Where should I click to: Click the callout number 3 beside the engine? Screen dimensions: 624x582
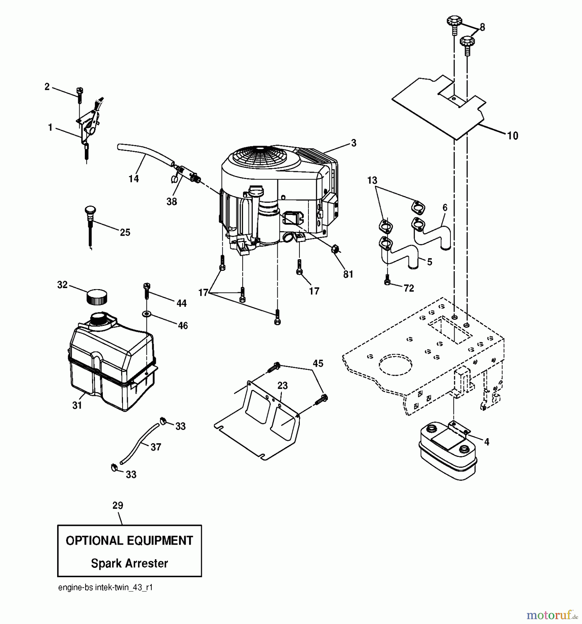[353, 143]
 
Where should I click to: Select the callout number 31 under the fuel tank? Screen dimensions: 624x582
[77, 405]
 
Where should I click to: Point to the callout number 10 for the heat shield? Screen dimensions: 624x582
[512, 136]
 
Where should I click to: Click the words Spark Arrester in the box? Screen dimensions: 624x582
[129, 563]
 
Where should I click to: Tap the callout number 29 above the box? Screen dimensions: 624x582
[118, 505]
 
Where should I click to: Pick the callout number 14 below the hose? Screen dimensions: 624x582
[134, 179]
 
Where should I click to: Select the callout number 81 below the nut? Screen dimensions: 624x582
[348, 274]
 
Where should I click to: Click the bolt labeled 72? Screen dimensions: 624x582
[387, 283]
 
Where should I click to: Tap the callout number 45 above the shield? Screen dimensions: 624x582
[318, 363]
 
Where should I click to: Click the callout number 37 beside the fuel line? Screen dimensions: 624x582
[156, 447]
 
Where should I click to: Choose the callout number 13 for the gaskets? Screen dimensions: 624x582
[372, 180]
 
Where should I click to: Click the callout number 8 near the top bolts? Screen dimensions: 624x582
[482, 27]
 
